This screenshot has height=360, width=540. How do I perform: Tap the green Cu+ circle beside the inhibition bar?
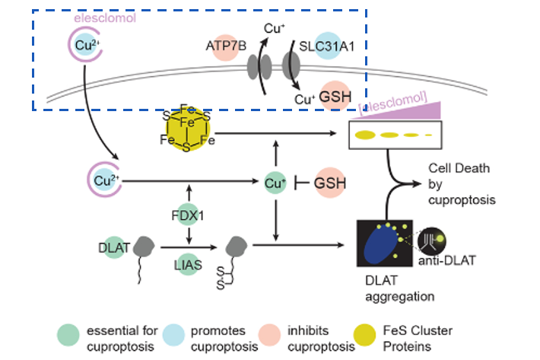[275, 183]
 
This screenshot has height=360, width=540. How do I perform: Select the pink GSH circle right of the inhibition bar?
[330, 183]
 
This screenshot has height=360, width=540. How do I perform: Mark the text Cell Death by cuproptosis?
[459, 183]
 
